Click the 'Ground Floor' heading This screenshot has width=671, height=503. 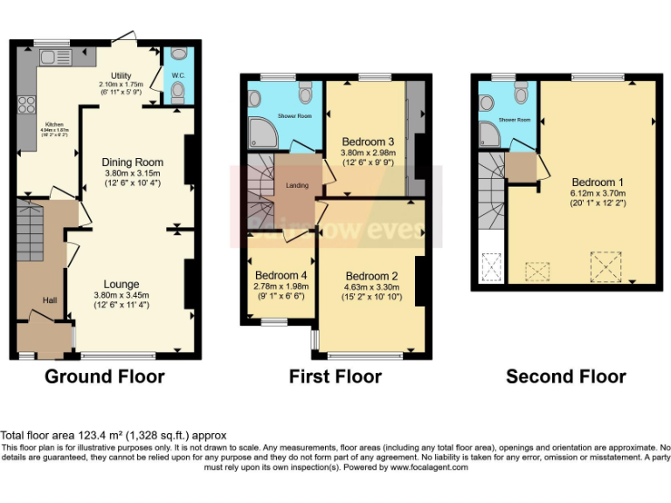(104, 377)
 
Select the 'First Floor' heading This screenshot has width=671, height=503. (335, 377)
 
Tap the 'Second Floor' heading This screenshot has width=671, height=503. (565, 377)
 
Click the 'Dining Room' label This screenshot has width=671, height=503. (132, 162)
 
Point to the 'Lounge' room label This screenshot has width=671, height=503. (121, 284)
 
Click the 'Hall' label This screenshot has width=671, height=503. (51, 301)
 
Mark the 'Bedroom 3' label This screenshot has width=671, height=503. (368, 141)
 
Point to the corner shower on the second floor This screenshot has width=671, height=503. (488, 134)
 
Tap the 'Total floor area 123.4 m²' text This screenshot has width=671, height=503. (114, 435)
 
